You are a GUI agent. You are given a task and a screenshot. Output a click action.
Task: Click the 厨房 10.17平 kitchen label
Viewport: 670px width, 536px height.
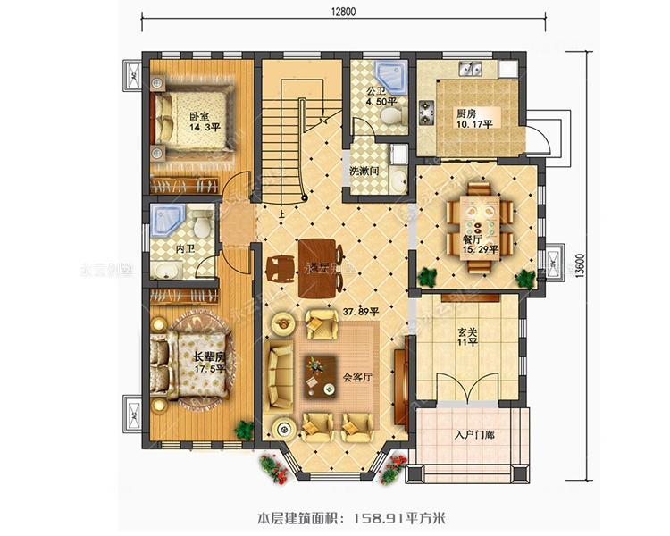473,120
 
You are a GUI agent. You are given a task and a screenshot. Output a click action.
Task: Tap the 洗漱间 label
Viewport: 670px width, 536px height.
364,170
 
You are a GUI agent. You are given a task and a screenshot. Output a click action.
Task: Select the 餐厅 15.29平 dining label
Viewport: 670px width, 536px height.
472,247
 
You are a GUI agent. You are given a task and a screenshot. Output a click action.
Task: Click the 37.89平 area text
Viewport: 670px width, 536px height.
362,312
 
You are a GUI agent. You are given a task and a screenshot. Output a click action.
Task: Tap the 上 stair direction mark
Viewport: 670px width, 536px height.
281,214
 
